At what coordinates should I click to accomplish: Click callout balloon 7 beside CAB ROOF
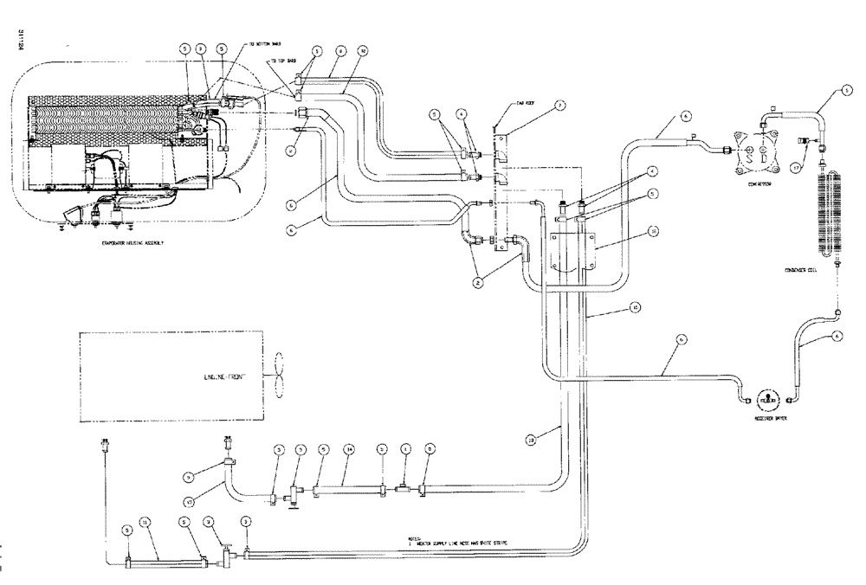click(560, 106)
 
